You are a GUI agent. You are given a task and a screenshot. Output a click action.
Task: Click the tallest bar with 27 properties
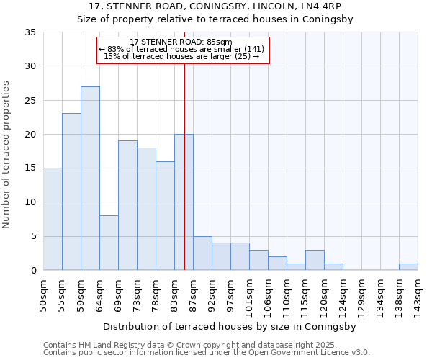pos(90,179)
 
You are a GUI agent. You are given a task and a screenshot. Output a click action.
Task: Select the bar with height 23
pos(71,192)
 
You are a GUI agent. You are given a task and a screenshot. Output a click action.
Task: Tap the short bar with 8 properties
pos(109,243)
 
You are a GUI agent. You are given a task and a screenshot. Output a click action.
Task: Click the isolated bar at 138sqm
pos(408,267)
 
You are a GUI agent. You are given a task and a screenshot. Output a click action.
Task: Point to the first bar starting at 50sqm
pos(53,219)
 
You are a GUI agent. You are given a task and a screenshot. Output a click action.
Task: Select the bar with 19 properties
pos(127,205)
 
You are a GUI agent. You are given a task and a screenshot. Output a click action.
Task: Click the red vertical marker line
pos(185,158)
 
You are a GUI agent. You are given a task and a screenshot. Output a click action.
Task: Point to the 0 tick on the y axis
pos(33,271)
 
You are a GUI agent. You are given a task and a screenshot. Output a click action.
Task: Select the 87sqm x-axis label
pos(194,295)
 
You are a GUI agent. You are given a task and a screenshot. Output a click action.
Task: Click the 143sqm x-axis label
pos(418,295)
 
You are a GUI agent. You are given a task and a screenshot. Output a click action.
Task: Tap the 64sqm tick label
pos(100,295)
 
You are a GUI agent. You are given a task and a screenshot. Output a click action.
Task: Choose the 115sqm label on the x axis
pos(306,295)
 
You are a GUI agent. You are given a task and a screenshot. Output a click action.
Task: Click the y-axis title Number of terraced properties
pos(6,155)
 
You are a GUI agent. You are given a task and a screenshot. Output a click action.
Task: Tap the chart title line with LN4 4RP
pos(215,6)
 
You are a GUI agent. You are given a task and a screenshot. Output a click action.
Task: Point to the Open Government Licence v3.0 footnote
pos(207,353)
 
